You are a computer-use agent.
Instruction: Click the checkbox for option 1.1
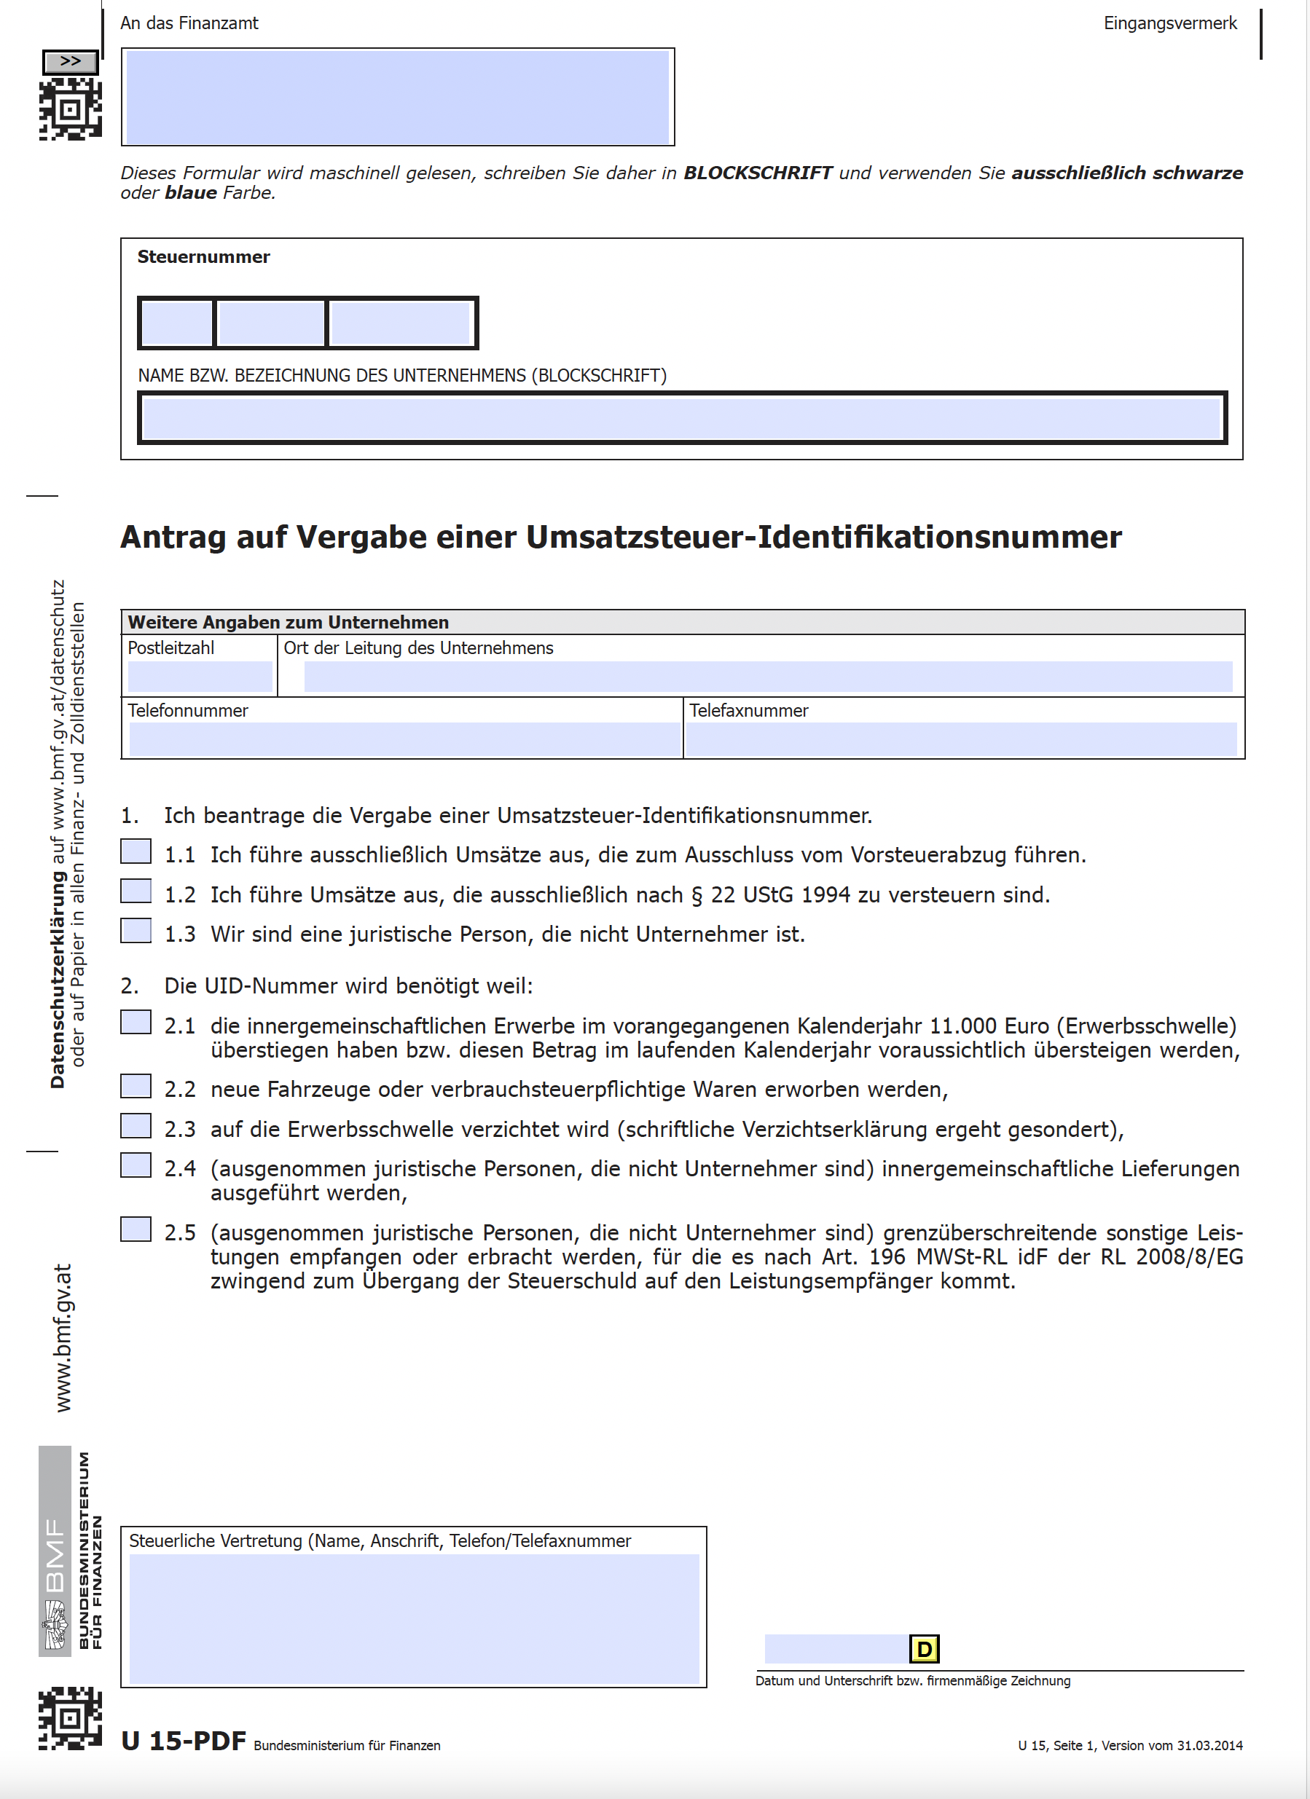136,851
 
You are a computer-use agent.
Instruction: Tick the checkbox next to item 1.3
136,930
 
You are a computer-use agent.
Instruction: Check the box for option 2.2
136,1086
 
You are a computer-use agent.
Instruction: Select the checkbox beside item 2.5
136,1229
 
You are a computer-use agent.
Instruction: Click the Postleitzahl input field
199,677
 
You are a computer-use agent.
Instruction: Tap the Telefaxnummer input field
960,739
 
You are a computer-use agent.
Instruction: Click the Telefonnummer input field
404,739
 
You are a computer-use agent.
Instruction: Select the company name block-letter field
681,418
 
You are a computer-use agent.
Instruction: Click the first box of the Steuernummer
176,323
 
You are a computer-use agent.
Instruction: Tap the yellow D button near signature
924,1650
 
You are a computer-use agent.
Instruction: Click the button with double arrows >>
71,61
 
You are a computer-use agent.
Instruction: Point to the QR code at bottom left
70,1718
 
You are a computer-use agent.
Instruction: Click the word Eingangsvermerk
1169,23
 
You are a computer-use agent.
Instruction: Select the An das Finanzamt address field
398,97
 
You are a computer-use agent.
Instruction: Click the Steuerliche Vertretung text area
413,1618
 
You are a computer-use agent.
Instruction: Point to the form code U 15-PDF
184,1741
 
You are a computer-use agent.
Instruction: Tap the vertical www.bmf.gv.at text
63,1337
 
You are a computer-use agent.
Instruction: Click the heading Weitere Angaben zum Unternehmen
288,622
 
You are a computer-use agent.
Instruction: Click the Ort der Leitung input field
767,677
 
